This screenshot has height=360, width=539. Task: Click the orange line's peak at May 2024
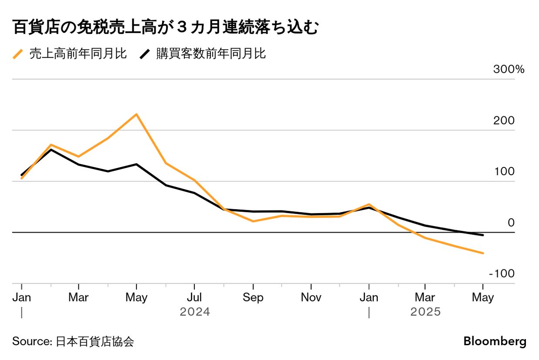[136, 114]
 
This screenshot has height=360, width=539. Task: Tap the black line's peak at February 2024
[51, 149]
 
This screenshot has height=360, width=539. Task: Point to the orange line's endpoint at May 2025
[483, 253]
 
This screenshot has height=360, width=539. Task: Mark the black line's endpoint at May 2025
[483, 235]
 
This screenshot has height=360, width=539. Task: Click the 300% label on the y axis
[509, 70]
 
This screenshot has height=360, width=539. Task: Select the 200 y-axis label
[504, 121]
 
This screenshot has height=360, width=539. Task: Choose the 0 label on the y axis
[511, 223]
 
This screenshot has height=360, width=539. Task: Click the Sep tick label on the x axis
[253, 298]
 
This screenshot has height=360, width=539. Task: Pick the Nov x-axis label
[311, 298]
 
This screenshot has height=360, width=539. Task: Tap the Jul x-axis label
[194, 298]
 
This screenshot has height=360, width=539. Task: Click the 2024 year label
[195, 312]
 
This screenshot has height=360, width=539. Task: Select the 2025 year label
[426, 312]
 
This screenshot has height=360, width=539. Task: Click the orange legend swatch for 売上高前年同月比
[18, 54]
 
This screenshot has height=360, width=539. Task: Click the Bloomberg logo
[495, 341]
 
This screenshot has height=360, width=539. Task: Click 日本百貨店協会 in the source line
[95, 341]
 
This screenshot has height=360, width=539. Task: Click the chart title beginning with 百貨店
[165, 28]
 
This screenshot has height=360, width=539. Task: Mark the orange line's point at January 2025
[369, 204]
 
